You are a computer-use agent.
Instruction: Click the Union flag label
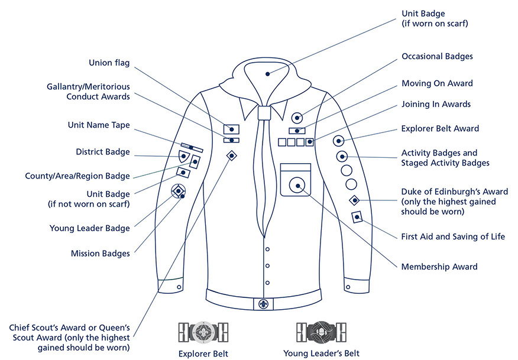click(x=109, y=63)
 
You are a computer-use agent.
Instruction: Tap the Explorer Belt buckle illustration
click(x=203, y=332)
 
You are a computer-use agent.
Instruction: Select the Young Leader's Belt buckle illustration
click(x=320, y=332)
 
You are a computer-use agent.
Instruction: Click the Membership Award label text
click(x=439, y=267)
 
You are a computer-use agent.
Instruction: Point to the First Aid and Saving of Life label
click(x=453, y=236)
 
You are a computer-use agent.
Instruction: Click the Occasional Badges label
click(x=437, y=57)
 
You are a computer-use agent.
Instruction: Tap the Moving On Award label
click(x=437, y=83)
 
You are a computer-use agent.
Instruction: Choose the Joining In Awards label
click(x=436, y=104)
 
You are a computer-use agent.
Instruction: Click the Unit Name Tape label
click(x=99, y=125)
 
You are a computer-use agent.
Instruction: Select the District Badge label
click(x=103, y=152)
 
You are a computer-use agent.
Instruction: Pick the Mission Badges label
click(x=100, y=254)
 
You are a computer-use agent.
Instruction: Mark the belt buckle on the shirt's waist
click(x=263, y=303)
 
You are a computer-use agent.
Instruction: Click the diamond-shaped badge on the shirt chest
click(x=232, y=155)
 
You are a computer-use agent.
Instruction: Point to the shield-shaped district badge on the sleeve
click(x=184, y=157)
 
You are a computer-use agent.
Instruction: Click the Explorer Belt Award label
click(x=440, y=128)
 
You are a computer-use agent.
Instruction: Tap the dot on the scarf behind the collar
click(x=267, y=74)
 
